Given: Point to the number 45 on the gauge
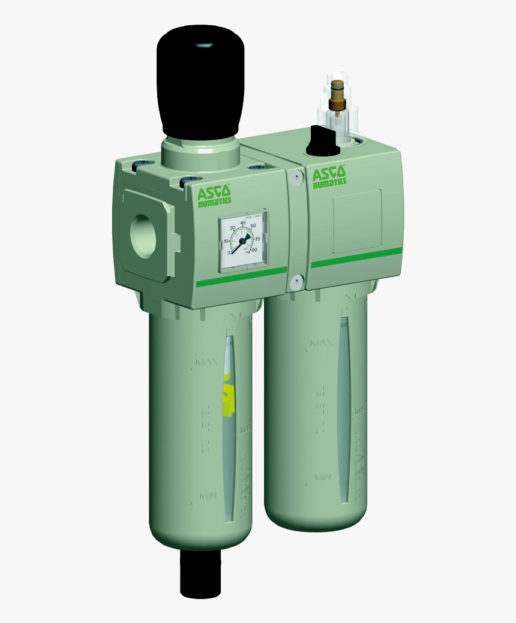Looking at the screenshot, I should coord(244,223).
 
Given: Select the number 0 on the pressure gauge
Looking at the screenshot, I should coord(229,252).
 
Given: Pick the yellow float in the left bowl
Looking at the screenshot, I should coord(227,398).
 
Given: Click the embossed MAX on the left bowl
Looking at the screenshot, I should coord(206,362).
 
